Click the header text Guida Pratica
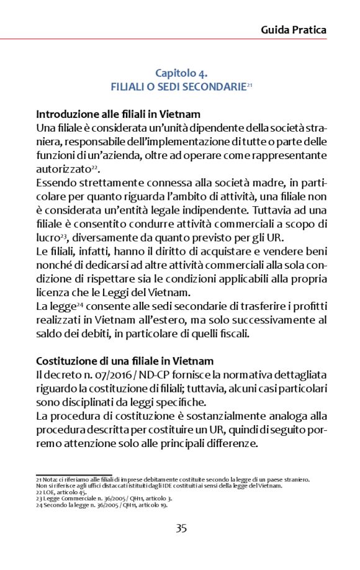point(293,29)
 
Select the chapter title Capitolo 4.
point(181,73)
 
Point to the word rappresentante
point(290,155)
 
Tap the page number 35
point(181,528)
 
